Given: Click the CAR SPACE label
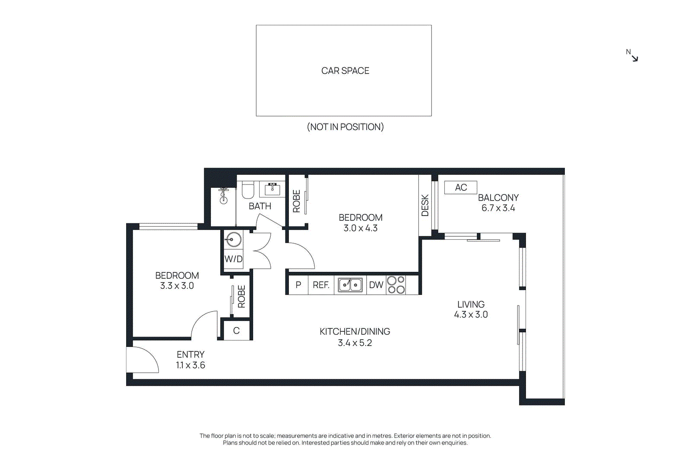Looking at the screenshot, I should coord(345,71).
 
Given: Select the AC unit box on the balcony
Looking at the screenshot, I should coord(460,188).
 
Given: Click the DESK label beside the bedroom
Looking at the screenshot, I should coord(425,205).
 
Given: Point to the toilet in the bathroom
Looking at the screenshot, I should coord(248,190).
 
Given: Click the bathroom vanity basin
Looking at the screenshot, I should coord(273,189).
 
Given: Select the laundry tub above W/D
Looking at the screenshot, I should coord(233,239).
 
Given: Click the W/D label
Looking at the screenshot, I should coord(233,259).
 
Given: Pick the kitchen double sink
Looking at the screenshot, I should coord(350,285).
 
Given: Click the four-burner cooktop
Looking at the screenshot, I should coord(396,285).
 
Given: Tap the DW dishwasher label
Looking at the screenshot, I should coord(376,285).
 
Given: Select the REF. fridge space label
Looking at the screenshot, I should coord(321,285).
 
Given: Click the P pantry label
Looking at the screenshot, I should coord(298,285).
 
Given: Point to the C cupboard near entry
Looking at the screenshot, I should coord(236,331).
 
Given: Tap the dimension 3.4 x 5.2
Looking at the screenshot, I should coord(355,343).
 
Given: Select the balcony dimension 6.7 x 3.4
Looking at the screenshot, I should coord(498,208).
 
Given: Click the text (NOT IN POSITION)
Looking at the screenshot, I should coord(345,127).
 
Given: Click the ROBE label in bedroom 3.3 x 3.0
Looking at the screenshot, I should coord(241,296).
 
